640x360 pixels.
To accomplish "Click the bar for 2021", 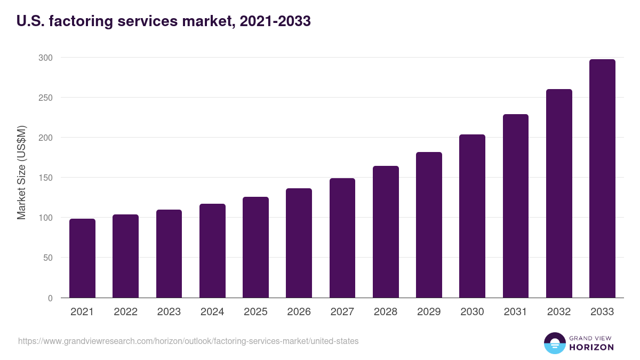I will coord(82,258).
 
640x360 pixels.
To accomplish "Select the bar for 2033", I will coord(602,179).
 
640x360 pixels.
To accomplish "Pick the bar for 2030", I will coord(472,216).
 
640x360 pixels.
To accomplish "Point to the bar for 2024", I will coord(212,251).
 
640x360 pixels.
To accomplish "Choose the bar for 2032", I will coord(559,194).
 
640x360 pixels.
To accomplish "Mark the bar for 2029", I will coord(429,225).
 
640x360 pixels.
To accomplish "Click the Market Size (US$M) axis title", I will coord(21,172).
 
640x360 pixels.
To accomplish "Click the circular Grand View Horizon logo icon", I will coord(555,343).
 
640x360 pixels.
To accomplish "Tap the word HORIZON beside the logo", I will coord(591,347).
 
